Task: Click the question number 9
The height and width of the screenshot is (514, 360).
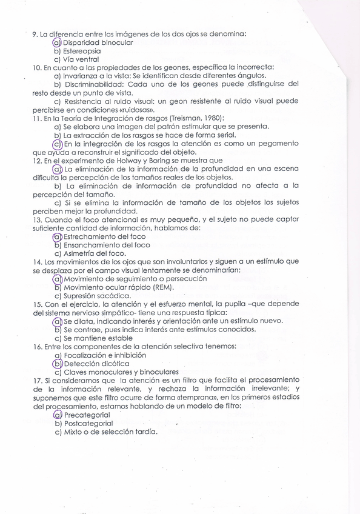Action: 34,34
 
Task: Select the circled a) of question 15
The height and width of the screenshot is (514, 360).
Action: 58,321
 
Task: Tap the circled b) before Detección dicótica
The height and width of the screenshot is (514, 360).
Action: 58,363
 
